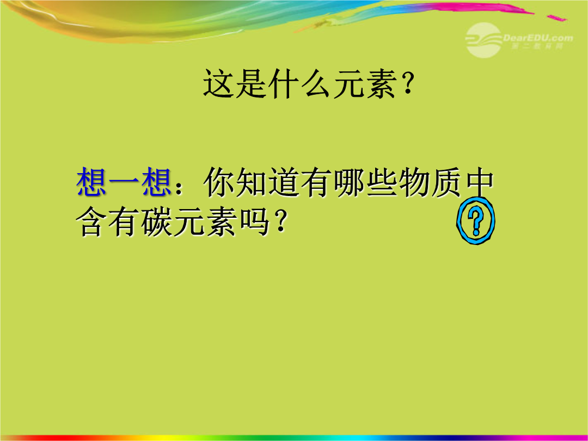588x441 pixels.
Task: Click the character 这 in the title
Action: tap(219, 83)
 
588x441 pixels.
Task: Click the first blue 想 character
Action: tap(92, 182)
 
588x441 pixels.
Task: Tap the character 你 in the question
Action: tap(219, 182)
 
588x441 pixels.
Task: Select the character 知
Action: tap(252, 182)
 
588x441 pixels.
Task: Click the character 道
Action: tap(284, 182)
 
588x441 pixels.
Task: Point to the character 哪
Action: tap(349, 182)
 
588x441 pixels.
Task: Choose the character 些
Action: tap(382, 182)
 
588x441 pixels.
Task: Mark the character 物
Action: tap(414, 182)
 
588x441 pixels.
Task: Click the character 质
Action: tap(446, 182)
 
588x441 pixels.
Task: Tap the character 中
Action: tap(479, 182)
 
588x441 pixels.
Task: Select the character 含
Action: tap(91, 222)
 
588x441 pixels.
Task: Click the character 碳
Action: tap(157, 222)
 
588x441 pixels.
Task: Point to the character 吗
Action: tap(254, 222)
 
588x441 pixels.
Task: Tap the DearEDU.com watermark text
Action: tap(538, 38)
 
